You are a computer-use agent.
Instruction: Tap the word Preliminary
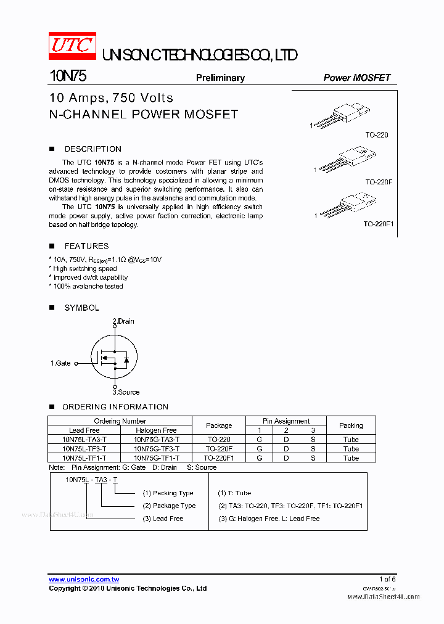[x=220, y=78]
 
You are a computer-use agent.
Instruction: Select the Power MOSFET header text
[x=356, y=78]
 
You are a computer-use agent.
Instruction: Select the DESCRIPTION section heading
[x=92, y=149]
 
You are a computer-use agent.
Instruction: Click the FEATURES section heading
[x=86, y=246]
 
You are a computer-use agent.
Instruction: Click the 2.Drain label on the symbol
[x=123, y=321]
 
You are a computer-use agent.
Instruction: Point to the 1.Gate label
[x=60, y=364]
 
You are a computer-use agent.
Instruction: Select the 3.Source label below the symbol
[x=126, y=392]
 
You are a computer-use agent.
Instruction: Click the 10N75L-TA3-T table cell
[x=84, y=440]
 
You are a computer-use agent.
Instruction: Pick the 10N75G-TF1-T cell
[x=156, y=458]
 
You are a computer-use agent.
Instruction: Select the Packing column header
[x=351, y=425]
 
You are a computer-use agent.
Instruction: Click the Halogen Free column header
[x=156, y=430]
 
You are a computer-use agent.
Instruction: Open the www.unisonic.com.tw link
[x=84, y=580]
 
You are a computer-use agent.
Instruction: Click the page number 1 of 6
[x=387, y=579]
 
